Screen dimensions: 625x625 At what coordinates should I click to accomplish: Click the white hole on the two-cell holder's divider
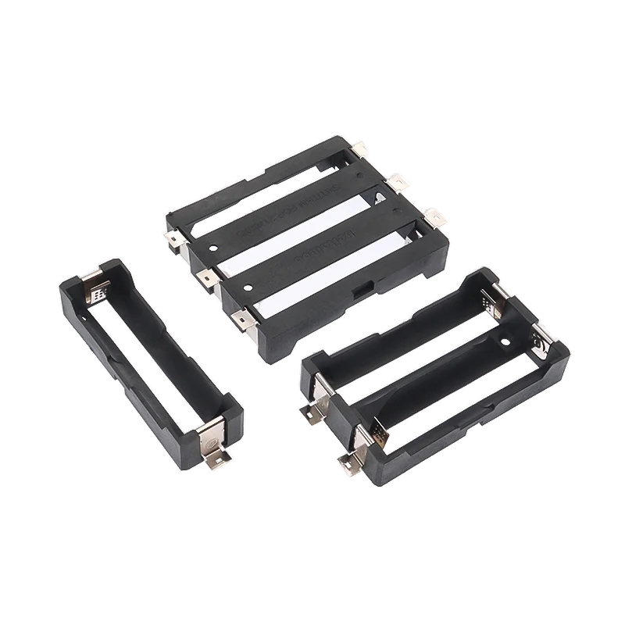(x=505, y=341)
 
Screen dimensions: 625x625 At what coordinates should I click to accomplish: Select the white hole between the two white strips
(x=247, y=287)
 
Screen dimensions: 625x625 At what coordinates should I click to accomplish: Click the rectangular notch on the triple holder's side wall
(x=360, y=293)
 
